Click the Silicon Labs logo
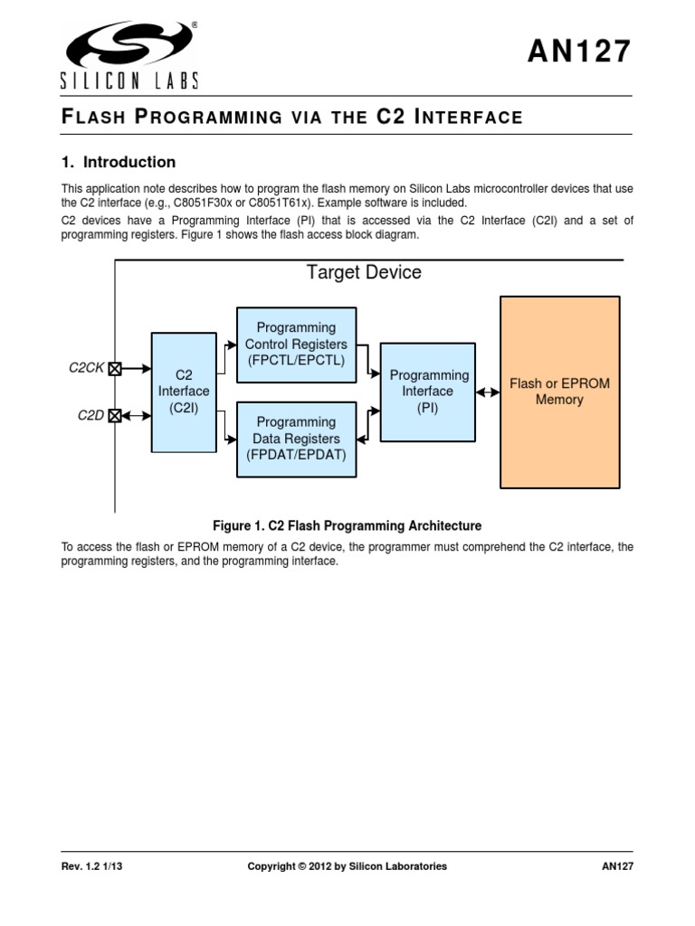coord(129,54)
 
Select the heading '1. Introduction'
coord(119,163)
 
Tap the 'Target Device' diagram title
coord(364,272)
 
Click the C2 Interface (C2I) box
coord(184,392)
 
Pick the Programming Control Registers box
coord(296,345)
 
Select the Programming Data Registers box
coord(296,439)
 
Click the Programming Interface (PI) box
coord(428,392)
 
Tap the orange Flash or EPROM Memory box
coord(559,392)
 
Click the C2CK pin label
coord(87,368)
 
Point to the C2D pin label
coord(90,416)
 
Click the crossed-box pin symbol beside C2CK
coord(115,368)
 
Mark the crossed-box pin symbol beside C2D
coord(115,416)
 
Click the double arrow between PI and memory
coord(487,392)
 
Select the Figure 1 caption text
coord(347,525)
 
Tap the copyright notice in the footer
coord(347,866)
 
